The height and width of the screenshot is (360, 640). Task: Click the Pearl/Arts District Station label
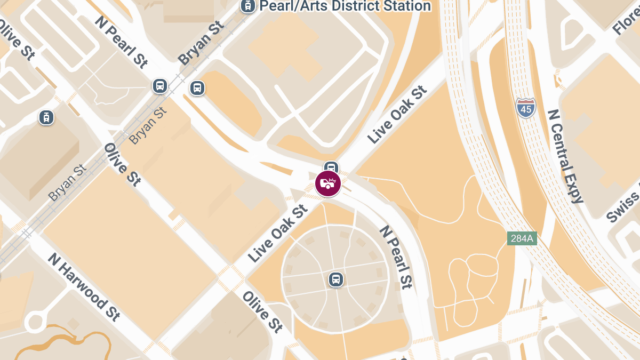pyautogui.click(x=345, y=6)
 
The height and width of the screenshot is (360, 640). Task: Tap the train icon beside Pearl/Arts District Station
pyautogui.click(x=247, y=6)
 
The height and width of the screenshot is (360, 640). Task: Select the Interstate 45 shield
pyautogui.click(x=526, y=108)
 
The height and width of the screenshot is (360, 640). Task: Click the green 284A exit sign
pyautogui.click(x=522, y=238)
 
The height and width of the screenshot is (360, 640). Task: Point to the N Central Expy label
pyautogui.click(x=565, y=156)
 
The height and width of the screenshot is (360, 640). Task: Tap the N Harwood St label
pyautogui.click(x=84, y=287)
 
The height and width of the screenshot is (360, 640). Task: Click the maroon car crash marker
pyautogui.click(x=328, y=184)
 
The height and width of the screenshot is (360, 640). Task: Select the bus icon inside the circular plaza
pyautogui.click(x=335, y=279)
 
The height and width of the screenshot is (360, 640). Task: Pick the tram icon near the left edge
pyautogui.click(x=46, y=118)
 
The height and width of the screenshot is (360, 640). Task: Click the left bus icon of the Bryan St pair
pyautogui.click(x=159, y=85)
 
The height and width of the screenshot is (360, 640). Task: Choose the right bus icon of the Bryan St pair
pyautogui.click(x=197, y=88)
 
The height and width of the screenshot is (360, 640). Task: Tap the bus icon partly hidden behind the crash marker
pyautogui.click(x=332, y=166)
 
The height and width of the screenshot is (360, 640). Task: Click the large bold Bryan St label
pyautogui.click(x=201, y=43)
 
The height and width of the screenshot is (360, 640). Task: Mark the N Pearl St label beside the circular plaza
pyautogui.click(x=396, y=257)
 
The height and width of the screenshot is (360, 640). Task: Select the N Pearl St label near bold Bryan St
pyautogui.click(x=121, y=42)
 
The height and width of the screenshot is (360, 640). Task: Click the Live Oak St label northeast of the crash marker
pyautogui.click(x=398, y=115)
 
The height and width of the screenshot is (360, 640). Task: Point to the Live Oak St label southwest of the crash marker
pyautogui.click(x=278, y=234)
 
